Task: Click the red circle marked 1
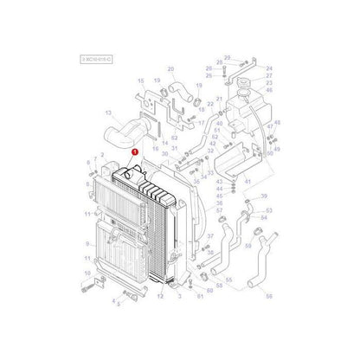[134, 150]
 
